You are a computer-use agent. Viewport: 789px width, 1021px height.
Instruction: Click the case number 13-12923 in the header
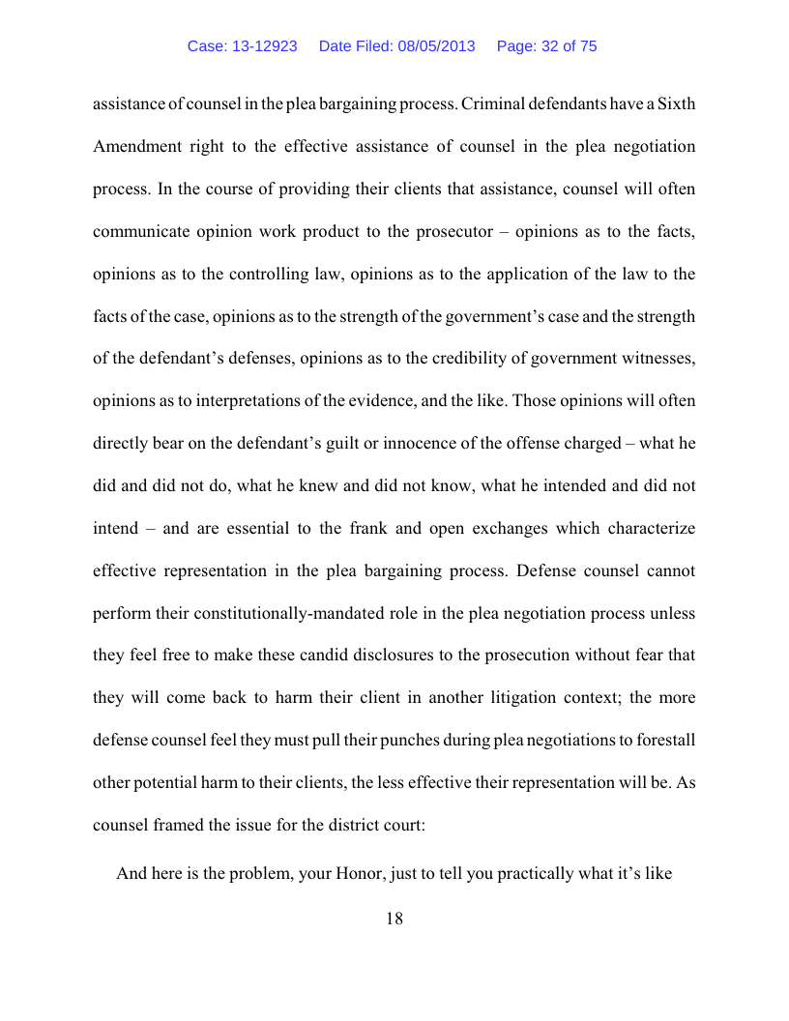point(256,46)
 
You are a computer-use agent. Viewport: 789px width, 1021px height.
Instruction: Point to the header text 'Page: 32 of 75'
point(546,46)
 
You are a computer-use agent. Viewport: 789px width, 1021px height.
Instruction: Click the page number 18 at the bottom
point(394,919)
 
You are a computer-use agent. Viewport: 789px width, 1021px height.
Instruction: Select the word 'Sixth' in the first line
point(675,104)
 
